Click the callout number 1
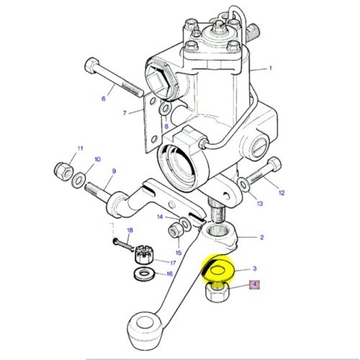[271, 69]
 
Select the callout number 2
[261, 237]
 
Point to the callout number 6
[103, 99]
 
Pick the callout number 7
[125, 113]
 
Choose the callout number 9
[113, 171]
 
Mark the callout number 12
[282, 192]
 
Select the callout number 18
[130, 230]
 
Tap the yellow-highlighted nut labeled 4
[217, 292]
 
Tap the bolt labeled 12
[263, 172]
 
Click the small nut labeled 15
[174, 230]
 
